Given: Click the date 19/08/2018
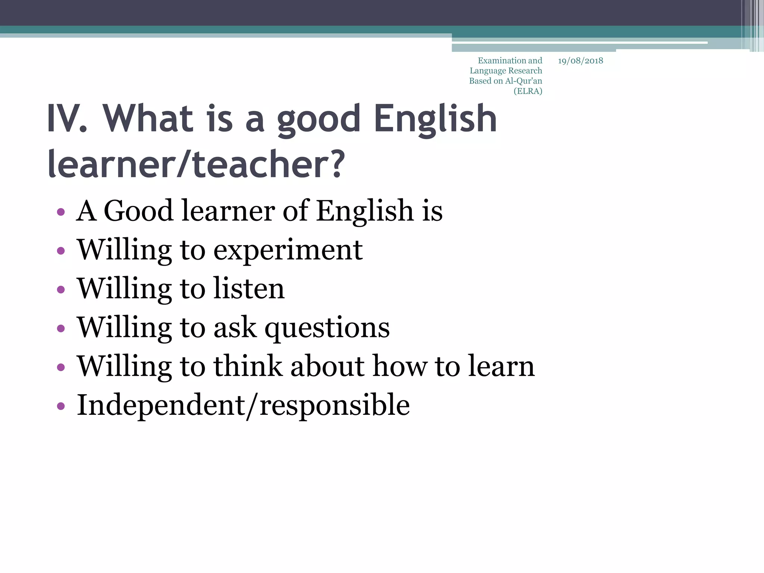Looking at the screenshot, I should (580, 61).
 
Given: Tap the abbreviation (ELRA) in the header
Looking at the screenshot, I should (528, 91).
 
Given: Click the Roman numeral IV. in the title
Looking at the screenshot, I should (67, 119).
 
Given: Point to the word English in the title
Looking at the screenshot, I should (435, 119).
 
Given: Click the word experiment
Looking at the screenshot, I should (288, 250).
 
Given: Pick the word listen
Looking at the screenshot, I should (249, 288).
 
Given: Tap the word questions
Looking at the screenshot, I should (327, 328).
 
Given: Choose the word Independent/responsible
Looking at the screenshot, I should (243, 405).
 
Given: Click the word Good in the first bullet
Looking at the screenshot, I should (138, 211).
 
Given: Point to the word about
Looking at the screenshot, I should (327, 366).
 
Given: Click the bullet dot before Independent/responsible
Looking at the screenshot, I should (61, 406).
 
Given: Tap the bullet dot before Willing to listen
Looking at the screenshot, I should (61, 289).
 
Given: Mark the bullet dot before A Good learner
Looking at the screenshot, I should (61, 212).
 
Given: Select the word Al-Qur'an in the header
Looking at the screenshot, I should (523, 81).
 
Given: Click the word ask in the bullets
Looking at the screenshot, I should (235, 328).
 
